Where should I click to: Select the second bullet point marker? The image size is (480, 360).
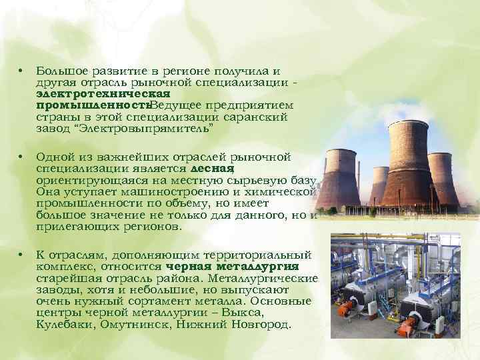click(21, 157)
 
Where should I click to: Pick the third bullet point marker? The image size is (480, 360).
click(21, 255)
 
